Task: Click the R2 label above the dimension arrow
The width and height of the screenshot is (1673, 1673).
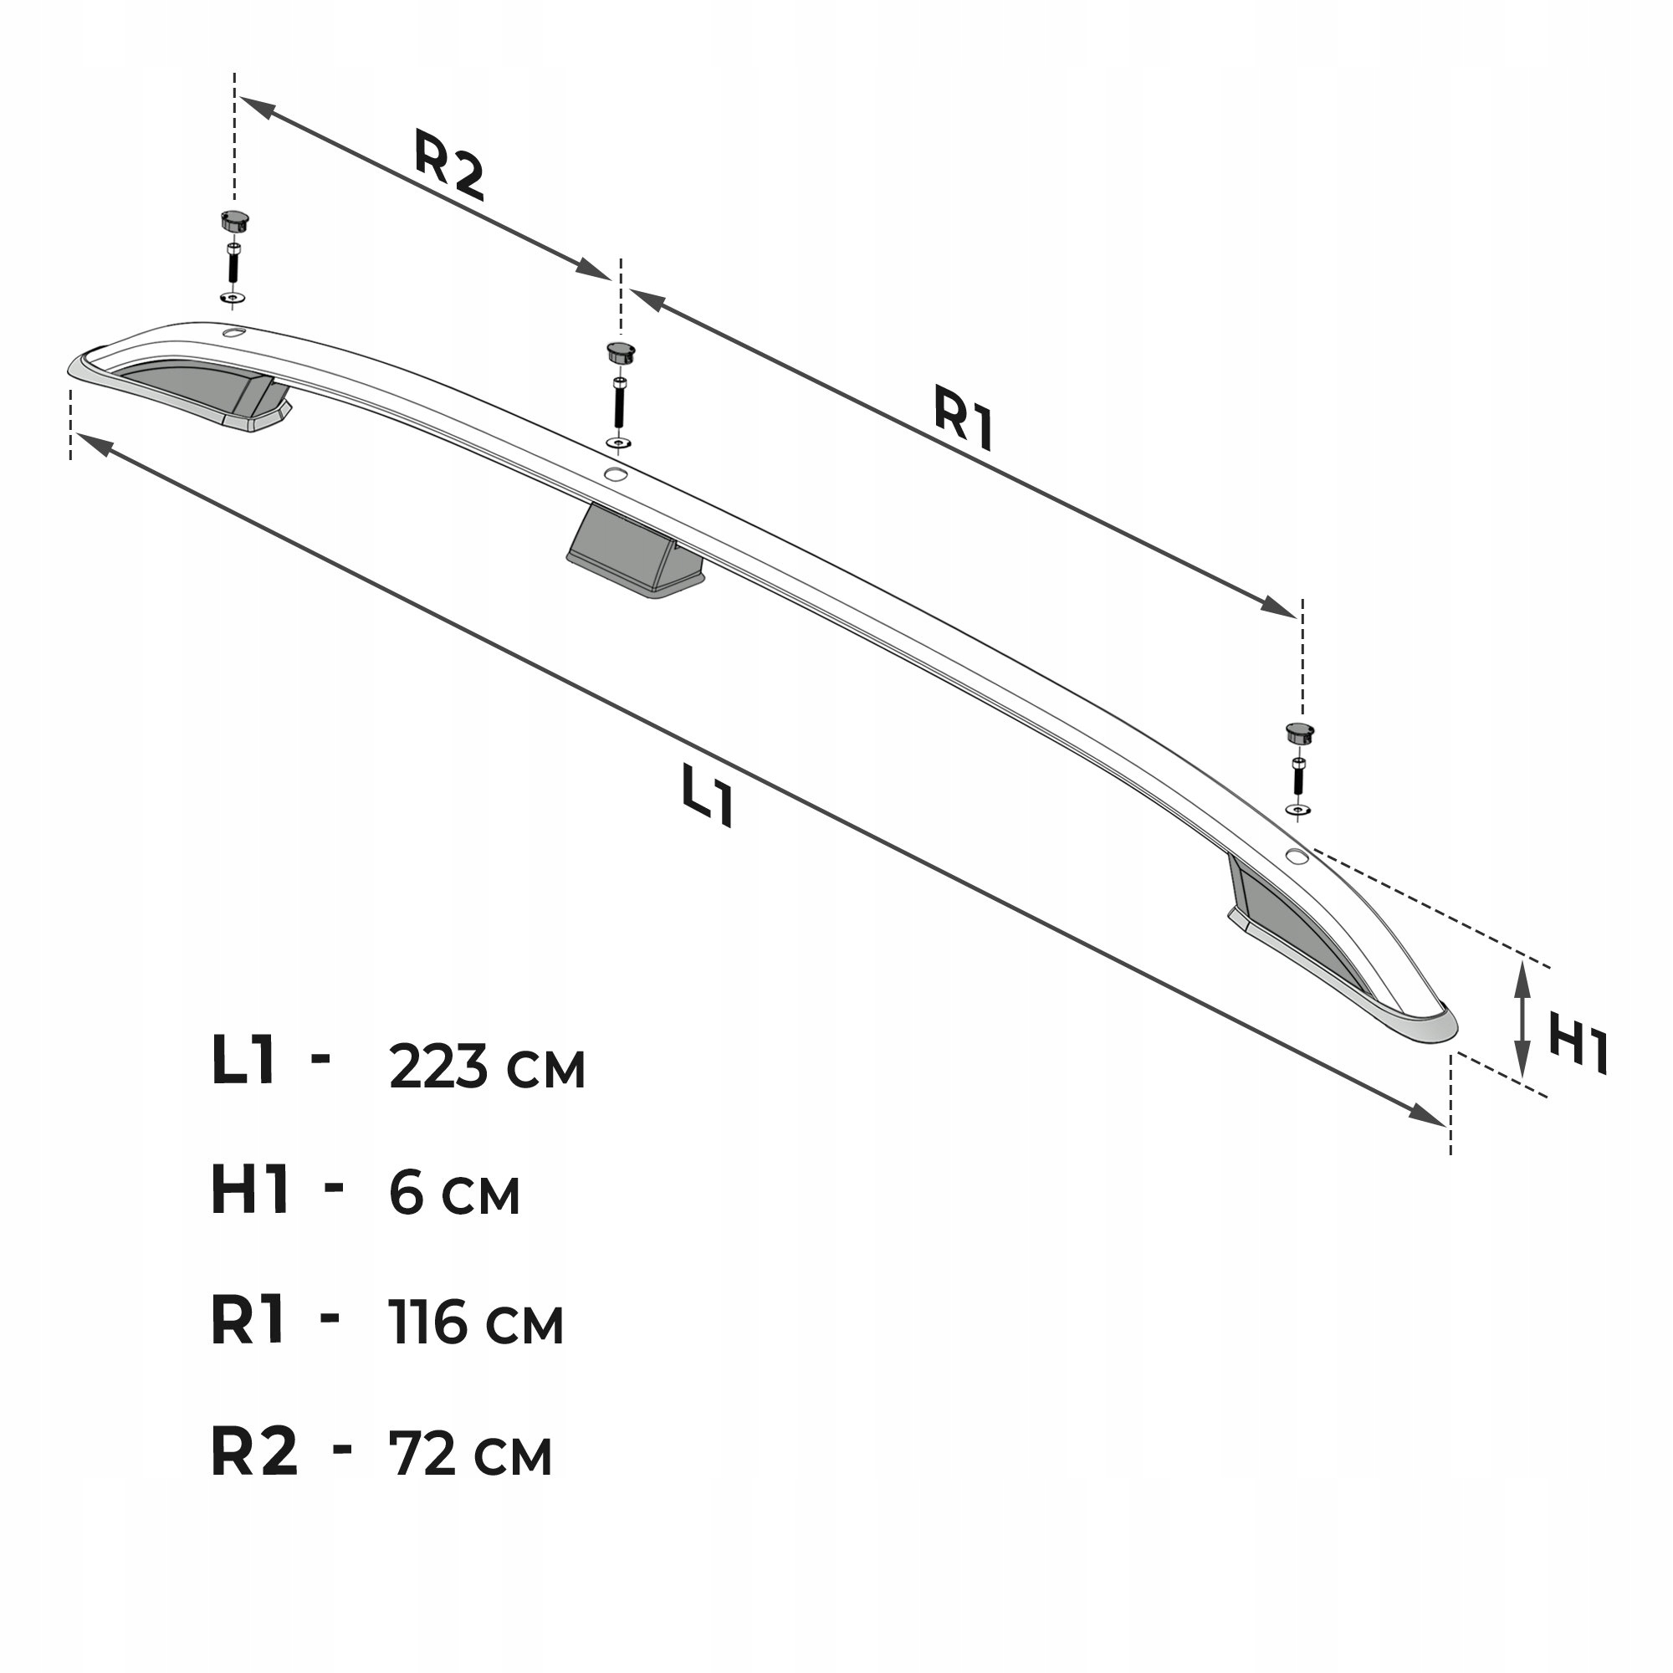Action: (x=448, y=165)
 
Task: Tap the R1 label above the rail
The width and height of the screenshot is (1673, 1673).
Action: (x=964, y=418)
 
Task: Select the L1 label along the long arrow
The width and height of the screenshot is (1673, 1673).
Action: (x=708, y=795)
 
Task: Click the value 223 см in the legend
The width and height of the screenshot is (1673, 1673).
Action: (x=488, y=1067)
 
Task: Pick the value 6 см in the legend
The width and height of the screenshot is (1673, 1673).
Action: (x=453, y=1194)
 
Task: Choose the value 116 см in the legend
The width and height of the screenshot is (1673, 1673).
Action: (x=476, y=1323)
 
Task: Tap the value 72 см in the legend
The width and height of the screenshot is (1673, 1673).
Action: (x=470, y=1453)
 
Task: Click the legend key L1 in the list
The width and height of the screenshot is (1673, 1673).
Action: (x=243, y=1060)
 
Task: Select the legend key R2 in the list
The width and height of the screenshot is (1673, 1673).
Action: (x=253, y=1450)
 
